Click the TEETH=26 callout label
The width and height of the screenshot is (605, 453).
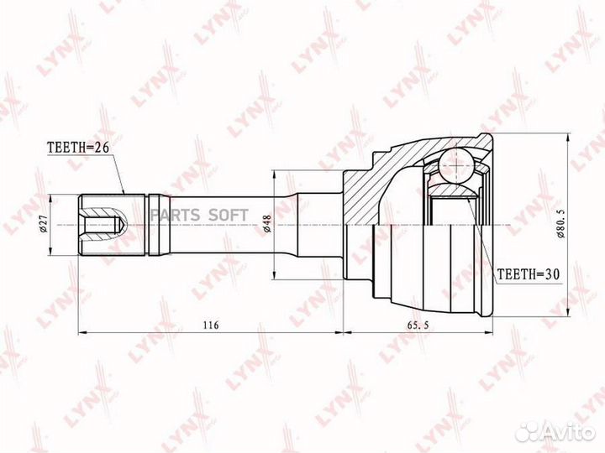78,147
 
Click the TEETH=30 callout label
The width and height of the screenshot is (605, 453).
529,273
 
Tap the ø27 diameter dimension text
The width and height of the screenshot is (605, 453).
43,224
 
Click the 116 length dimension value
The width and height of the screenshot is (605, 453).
211,325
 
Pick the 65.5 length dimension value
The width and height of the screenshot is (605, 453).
418,325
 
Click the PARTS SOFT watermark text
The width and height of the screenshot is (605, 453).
199,215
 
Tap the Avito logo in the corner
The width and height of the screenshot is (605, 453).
555,432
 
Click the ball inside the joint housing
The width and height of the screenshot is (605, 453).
455,164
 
